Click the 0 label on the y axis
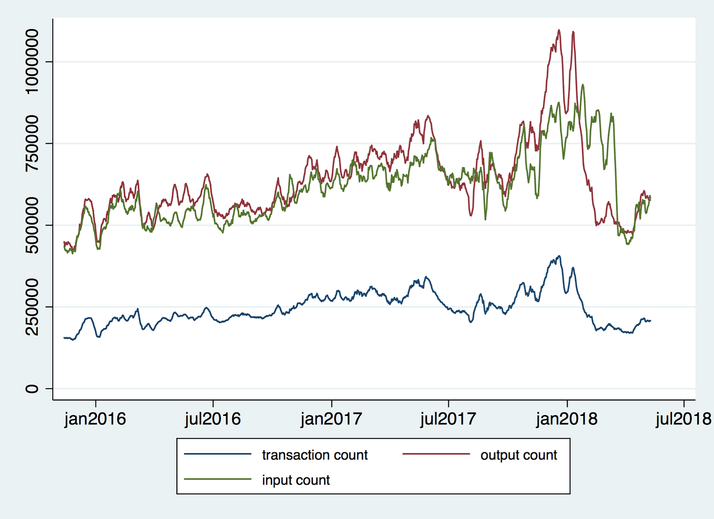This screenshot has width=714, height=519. pyautogui.click(x=32, y=389)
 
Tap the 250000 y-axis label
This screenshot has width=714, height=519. pyautogui.click(x=32, y=307)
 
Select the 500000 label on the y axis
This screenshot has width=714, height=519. pyautogui.click(x=32, y=225)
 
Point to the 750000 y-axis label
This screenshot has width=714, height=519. pyautogui.click(x=32, y=143)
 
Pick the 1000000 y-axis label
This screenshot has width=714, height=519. pyautogui.click(x=32, y=61)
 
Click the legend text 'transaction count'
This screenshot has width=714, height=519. pyautogui.click(x=315, y=455)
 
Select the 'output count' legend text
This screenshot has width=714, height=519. pyautogui.click(x=519, y=455)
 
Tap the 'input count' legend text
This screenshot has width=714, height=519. pyautogui.click(x=296, y=480)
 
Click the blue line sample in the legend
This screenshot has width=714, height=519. pyautogui.click(x=218, y=454)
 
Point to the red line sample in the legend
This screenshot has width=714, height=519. pyautogui.click(x=436, y=454)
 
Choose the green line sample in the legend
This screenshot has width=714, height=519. pyautogui.click(x=218, y=479)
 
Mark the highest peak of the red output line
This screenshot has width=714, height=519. pyautogui.click(x=559, y=30)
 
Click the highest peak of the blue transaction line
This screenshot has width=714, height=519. pyautogui.click(x=560, y=256)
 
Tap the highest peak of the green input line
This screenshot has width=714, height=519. pyautogui.click(x=582, y=84)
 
